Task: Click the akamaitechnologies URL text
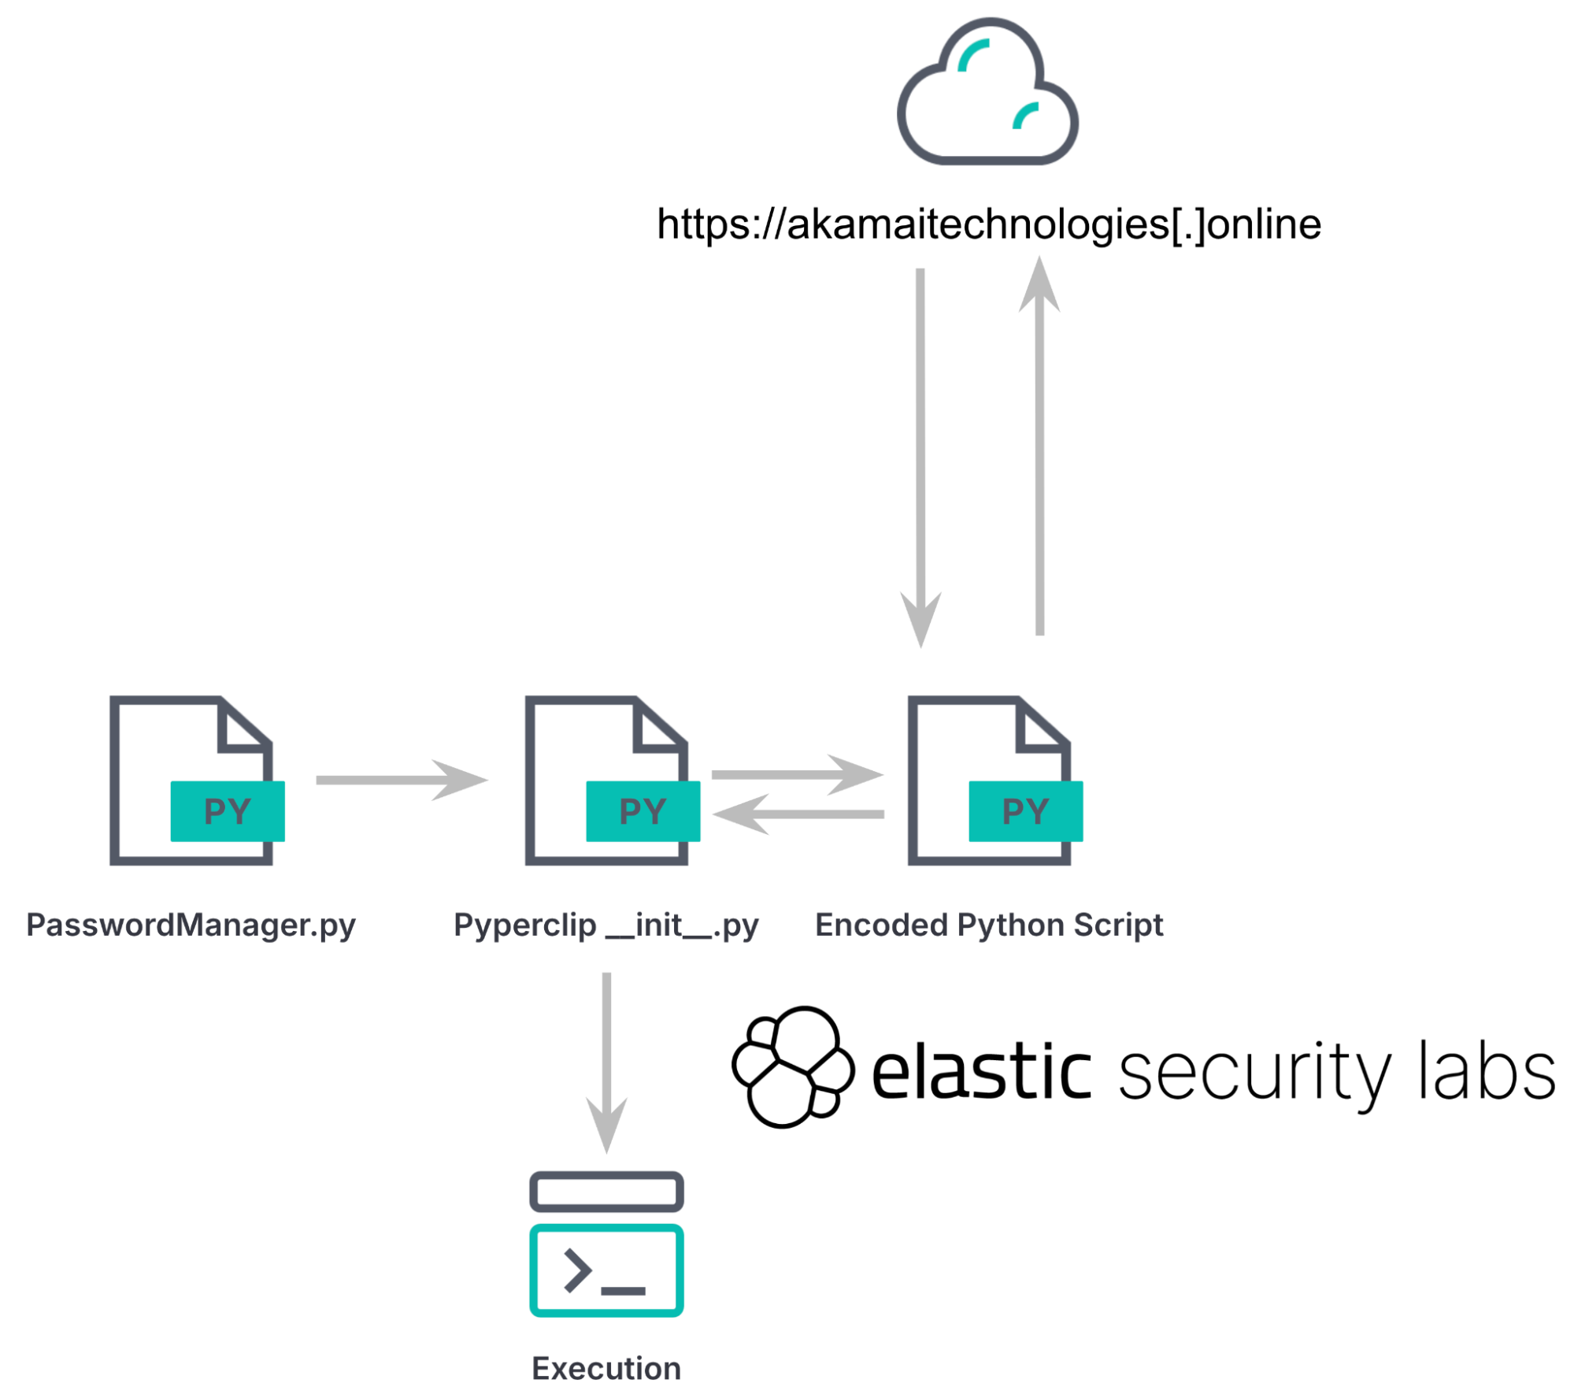988,224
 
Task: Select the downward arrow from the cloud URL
920,457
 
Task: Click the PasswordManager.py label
191,925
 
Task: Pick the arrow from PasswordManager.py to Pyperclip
401,780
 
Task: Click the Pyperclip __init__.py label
606,925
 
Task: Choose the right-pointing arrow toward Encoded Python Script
797,774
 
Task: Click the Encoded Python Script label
988,925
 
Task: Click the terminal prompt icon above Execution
606,1244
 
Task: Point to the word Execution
606,1369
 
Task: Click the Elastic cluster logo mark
792,1066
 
